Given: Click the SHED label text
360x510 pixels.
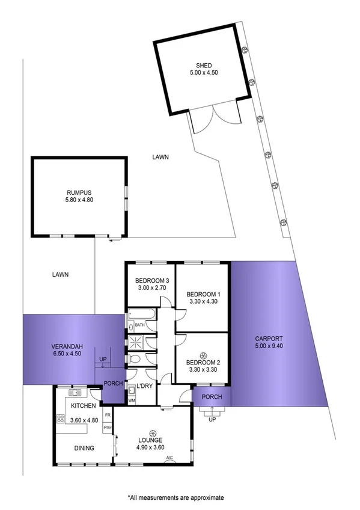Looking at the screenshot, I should (x=204, y=66).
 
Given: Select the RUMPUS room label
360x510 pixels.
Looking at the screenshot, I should (x=79, y=193).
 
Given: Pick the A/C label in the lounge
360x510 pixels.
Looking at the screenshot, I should (x=169, y=459).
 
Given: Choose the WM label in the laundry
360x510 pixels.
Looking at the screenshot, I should (x=132, y=401).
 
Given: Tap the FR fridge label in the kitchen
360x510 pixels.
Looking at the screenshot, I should (x=108, y=415).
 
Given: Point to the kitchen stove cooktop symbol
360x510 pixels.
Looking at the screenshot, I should (x=61, y=419).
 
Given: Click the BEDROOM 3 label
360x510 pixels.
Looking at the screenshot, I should (x=148, y=280).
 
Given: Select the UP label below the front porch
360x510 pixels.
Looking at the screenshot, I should (x=212, y=419).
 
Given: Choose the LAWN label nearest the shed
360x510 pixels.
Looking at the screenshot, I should (x=160, y=157).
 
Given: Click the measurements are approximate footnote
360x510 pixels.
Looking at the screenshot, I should (x=175, y=497).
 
